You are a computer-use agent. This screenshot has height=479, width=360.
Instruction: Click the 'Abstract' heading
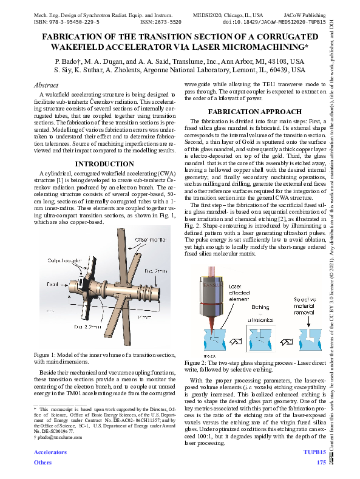pyautogui.click(x=46, y=85)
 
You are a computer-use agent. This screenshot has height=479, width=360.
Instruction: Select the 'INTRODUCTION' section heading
pyautogui.click(x=104, y=164)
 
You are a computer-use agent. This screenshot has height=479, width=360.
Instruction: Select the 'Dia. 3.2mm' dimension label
pyautogui.click(x=88, y=326)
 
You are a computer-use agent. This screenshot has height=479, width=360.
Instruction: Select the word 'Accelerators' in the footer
pyautogui.click(x=50, y=453)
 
